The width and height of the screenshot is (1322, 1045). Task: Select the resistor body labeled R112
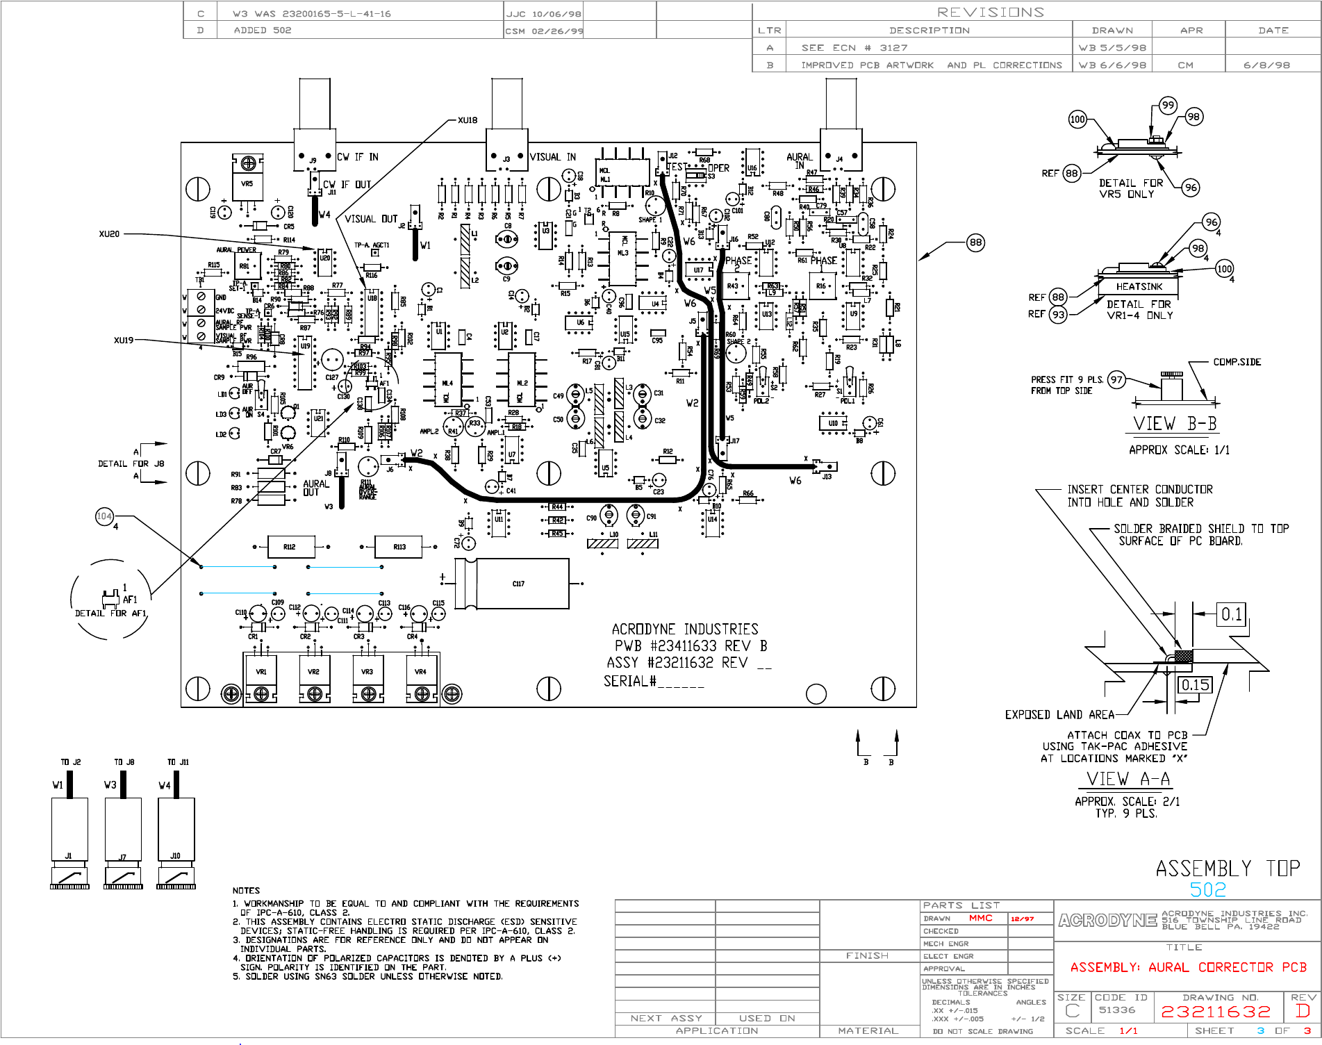(x=290, y=547)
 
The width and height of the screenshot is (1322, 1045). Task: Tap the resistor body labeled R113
(x=399, y=547)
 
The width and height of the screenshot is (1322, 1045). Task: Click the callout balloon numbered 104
(x=104, y=516)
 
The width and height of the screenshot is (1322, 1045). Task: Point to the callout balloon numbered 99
(x=1168, y=106)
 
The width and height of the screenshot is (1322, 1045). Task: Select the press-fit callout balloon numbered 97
(x=1116, y=379)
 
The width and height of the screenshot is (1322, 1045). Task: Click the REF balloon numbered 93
(x=1058, y=315)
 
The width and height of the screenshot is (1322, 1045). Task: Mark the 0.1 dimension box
(x=1232, y=614)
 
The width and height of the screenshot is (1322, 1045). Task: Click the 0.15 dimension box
(x=1195, y=685)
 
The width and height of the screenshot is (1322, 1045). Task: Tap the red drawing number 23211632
(x=1216, y=1012)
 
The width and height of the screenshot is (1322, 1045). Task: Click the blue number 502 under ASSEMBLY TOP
(x=1208, y=889)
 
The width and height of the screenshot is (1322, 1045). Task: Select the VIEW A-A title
(x=1128, y=779)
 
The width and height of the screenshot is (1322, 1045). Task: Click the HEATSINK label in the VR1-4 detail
(x=1139, y=286)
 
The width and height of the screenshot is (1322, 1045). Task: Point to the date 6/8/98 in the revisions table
(x=1266, y=65)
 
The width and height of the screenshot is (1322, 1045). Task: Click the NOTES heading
(x=246, y=890)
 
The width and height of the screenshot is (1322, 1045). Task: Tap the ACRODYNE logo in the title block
(x=1107, y=921)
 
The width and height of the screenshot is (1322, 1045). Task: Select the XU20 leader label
(x=109, y=234)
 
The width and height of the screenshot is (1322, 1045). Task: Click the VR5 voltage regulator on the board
(x=247, y=183)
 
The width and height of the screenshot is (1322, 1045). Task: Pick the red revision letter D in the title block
(x=1303, y=1011)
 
